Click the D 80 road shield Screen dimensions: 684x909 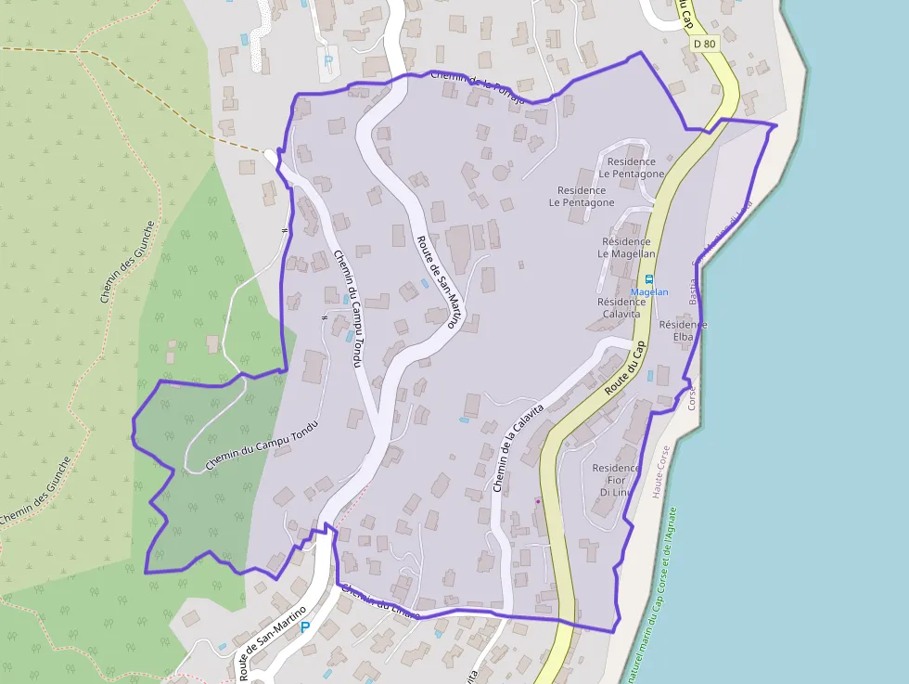point(705,44)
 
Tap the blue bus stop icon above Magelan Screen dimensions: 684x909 point(648,278)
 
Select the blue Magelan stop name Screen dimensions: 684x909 point(649,291)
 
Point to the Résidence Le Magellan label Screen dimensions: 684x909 point(626,247)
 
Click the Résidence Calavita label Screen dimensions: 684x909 point(619,307)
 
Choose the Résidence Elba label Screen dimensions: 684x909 point(683,331)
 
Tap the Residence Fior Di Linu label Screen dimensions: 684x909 point(616,480)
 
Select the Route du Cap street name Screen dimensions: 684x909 point(624,368)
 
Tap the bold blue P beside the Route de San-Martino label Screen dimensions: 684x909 point(304,628)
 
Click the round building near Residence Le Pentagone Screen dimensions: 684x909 point(501,172)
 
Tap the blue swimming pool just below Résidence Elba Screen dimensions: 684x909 point(663,375)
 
